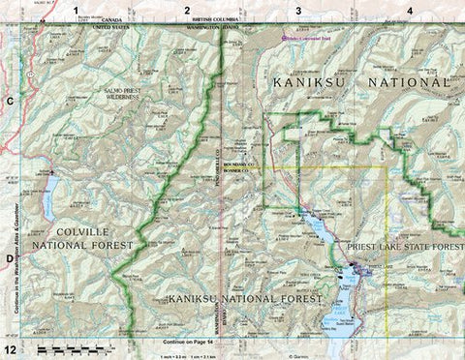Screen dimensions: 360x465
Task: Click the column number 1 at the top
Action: (x=77, y=9)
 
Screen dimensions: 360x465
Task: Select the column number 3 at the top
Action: (x=298, y=9)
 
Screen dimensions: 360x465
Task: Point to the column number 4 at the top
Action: (x=410, y=9)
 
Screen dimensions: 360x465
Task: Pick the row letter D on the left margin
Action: (x=11, y=259)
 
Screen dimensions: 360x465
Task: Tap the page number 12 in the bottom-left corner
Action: (x=11, y=347)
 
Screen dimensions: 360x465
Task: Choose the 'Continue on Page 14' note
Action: (x=192, y=342)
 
